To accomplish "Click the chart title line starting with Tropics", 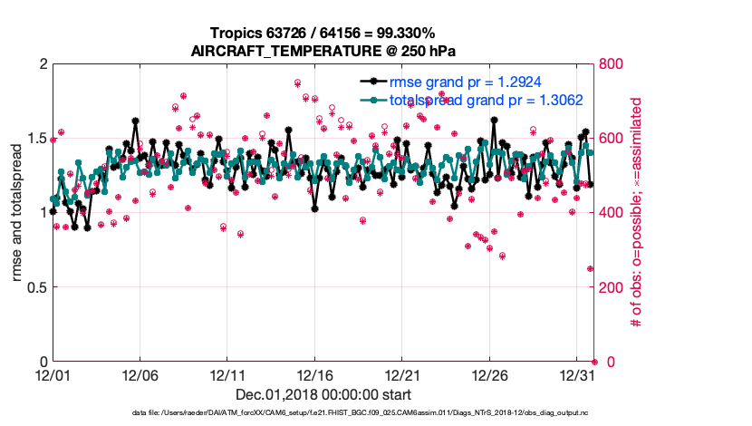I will tap(323, 34).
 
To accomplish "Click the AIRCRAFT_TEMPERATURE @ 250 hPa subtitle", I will tap(323, 51).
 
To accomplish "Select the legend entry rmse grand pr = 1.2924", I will tap(465, 83).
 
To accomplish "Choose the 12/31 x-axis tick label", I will tap(577, 375).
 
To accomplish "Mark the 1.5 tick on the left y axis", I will tap(34, 139).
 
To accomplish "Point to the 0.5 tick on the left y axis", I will tap(34, 287).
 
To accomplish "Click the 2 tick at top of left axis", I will tap(41, 64).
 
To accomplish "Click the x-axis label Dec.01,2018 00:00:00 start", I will tap(323, 394).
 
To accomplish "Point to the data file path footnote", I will tap(361, 413).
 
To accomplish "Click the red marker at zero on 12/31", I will tap(594, 362).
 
